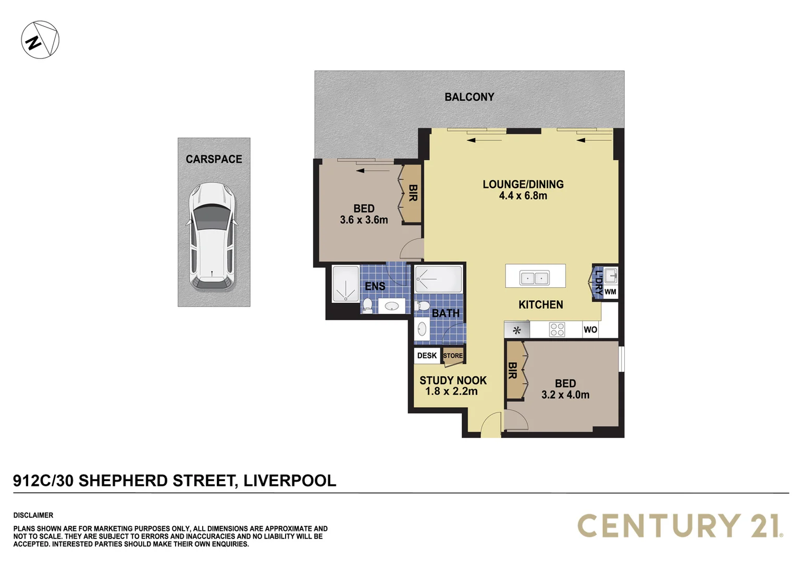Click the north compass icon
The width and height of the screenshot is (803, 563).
pos(40,40)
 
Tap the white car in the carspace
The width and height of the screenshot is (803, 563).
pos(212,236)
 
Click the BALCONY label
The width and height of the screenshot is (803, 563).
pos(469,97)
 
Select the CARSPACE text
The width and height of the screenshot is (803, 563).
pos(214,159)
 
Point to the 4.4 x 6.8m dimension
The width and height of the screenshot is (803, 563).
pos(523,196)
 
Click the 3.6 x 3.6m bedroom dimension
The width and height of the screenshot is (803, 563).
pos(364,220)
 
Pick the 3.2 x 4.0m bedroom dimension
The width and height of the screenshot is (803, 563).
pos(565,395)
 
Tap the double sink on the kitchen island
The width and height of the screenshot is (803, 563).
pos(535,278)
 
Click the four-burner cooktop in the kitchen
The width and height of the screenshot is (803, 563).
pos(557,329)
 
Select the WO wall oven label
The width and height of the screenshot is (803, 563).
pos(590,329)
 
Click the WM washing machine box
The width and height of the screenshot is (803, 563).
pos(610,292)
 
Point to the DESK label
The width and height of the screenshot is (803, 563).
pos(427,356)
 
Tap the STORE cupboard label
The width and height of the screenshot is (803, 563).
pos(453,356)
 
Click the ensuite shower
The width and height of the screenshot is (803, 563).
pos(345,284)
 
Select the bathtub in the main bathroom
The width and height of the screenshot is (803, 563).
pos(438,279)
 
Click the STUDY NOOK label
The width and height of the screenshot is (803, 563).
pos(453,381)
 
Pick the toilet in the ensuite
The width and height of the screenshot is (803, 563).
pos(367,304)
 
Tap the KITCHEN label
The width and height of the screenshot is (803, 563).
pos(540,304)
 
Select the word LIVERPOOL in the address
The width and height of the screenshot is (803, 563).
pos(290,480)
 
